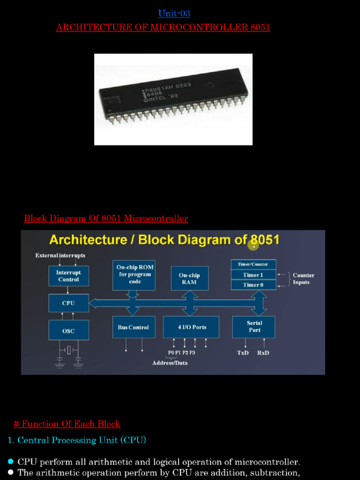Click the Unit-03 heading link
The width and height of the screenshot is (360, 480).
[x=174, y=14]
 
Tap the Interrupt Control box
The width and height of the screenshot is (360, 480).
[x=68, y=276]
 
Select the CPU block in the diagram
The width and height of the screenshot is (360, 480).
[x=68, y=303]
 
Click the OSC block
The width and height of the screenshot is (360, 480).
[x=68, y=330]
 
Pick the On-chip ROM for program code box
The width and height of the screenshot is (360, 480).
[x=135, y=275]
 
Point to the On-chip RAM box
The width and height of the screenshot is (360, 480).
[x=189, y=279]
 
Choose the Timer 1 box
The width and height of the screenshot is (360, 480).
[x=253, y=275]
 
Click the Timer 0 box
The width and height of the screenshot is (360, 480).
[x=253, y=285]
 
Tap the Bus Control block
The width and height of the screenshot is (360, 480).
[x=133, y=327]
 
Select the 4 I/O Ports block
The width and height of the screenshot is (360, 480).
[x=191, y=327]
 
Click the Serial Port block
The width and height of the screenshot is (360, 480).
[x=254, y=327]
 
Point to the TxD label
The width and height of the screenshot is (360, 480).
[x=243, y=352]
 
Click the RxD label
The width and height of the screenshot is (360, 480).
[x=263, y=352]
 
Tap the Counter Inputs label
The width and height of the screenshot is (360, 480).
[x=303, y=279]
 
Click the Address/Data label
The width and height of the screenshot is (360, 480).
[x=170, y=363]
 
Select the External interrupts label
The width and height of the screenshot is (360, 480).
[x=60, y=255]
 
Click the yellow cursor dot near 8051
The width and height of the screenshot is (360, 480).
[x=254, y=246]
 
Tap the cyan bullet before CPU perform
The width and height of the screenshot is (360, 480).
[x=11, y=462]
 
